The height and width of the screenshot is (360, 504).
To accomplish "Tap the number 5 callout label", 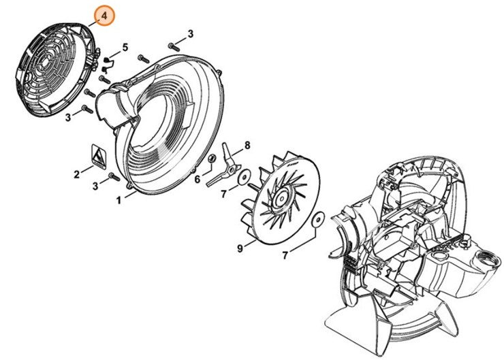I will click(x=125, y=47).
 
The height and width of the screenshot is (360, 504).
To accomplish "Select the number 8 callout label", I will click(x=247, y=145).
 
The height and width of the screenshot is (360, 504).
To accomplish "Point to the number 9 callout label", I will click(x=240, y=249).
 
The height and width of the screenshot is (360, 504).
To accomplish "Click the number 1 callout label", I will click(x=119, y=200).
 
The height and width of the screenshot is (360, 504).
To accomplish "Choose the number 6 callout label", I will click(x=198, y=180).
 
